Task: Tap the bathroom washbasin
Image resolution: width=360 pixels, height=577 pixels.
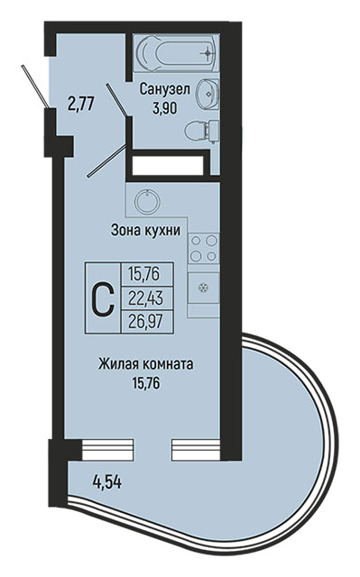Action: pyautogui.click(x=208, y=94)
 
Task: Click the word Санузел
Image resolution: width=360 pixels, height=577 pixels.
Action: pyautogui.click(x=164, y=89)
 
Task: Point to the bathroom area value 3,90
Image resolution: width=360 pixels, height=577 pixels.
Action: pyautogui.click(x=165, y=108)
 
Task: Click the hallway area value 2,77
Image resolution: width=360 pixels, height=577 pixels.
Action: pyautogui.click(x=81, y=104)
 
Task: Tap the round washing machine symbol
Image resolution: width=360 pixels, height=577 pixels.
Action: pyautogui.click(x=147, y=201)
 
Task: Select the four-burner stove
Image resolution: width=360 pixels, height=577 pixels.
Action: pyautogui.click(x=204, y=248)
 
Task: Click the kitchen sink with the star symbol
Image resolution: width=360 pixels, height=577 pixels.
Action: pyautogui.click(x=204, y=288)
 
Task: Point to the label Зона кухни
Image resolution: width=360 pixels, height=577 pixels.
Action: pyautogui.click(x=146, y=231)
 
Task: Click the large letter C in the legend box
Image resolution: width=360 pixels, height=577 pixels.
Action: pyautogui.click(x=103, y=298)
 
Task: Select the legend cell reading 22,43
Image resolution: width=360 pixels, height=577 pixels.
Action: pyautogui.click(x=147, y=298)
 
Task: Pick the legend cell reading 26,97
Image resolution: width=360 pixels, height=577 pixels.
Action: pyautogui.click(x=147, y=322)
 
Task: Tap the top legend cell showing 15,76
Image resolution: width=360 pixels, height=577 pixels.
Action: pyautogui.click(x=147, y=274)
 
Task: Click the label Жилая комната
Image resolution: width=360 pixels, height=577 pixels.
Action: pyautogui.click(x=146, y=364)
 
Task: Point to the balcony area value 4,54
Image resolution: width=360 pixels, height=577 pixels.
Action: pyautogui.click(x=107, y=482)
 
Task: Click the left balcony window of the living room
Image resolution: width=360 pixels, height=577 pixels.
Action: pyautogui.click(x=107, y=450)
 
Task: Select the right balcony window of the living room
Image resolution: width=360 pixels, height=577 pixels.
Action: pyautogui.click(x=196, y=450)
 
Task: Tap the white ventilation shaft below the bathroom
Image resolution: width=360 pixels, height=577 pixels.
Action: pyautogui.click(x=168, y=166)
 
